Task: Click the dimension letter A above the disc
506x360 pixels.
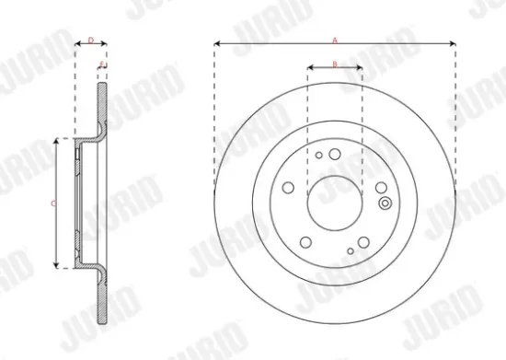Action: click(x=336, y=38)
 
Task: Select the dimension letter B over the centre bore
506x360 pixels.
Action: click(x=335, y=63)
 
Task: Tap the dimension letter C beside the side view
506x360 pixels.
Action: click(x=52, y=203)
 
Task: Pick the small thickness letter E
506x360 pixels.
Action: click(x=101, y=63)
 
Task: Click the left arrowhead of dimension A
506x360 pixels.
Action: click(x=217, y=43)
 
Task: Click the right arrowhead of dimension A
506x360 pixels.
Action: click(x=454, y=43)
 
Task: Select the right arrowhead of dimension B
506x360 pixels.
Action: click(x=360, y=68)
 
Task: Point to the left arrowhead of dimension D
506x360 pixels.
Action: click(x=77, y=43)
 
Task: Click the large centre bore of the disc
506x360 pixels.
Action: click(x=335, y=203)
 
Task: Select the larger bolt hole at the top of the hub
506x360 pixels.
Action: click(x=336, y=154)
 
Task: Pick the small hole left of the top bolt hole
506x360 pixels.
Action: click(x=319, y=156)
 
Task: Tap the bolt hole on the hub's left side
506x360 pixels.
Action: click(x=289, y=188)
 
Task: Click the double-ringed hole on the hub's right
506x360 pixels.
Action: click(x=384, y=203)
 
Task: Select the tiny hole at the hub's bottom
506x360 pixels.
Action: click(x=351, y=250)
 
